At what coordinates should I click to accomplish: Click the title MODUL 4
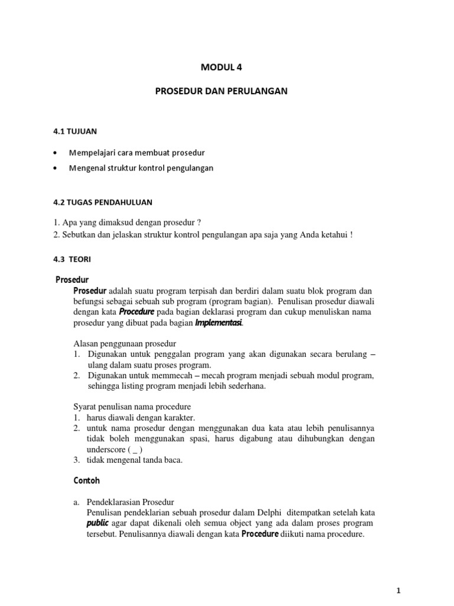coord(223,67)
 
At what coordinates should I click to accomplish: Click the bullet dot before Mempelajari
coord(55,152)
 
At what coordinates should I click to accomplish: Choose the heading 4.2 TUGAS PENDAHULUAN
coord(103,202)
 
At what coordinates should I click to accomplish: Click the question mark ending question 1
coord(200,223)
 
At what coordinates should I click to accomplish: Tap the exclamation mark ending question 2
coord(351,234)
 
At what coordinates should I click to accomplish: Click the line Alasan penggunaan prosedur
coord(125,344)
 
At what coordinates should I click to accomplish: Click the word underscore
coord(99,449)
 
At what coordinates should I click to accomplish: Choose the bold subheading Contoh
coord(87,481)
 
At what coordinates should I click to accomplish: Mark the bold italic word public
coord(98,523)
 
